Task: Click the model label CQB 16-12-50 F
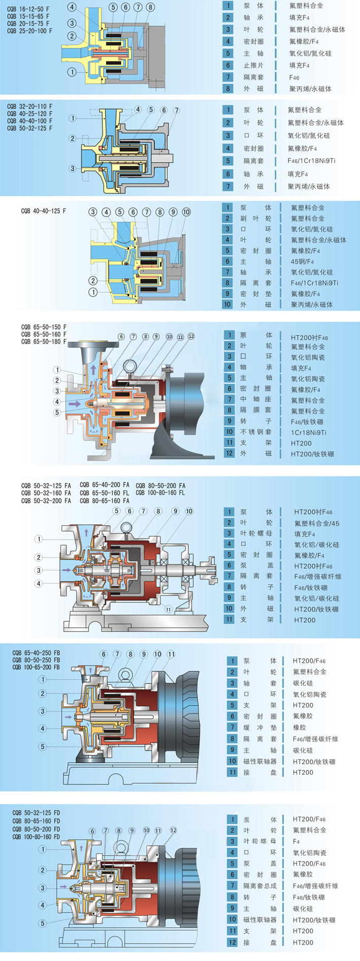[28, 9]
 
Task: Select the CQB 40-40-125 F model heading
[43, 211]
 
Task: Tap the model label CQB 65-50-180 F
[44, 342]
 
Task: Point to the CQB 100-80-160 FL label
[160, 493]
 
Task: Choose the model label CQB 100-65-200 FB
[36, 667]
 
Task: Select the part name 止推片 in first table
[254, 65]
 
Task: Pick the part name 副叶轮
[256, 219]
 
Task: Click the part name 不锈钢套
[256, 432]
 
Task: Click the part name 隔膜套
[256, 411]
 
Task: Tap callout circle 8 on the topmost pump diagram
[150, 7]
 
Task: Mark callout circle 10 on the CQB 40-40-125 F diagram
[186, 212]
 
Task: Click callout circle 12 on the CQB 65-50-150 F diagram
[191, 336]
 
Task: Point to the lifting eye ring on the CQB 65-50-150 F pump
[129, 366]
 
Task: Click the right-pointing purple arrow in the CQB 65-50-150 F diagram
[74, 404]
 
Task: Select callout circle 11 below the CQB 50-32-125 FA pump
[168, 610]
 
